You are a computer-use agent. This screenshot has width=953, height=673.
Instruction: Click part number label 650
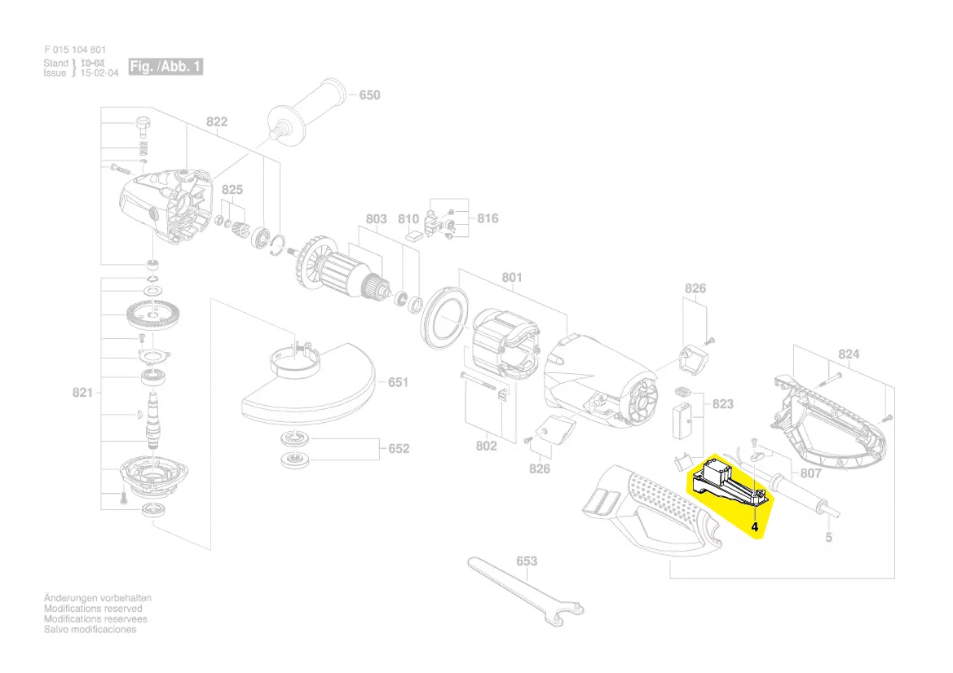coord(369,95)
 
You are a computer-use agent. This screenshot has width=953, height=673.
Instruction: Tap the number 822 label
coord(217,122)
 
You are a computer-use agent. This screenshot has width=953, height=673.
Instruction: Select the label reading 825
coord(232,190)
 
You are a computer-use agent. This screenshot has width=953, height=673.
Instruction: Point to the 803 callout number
coord(376,219)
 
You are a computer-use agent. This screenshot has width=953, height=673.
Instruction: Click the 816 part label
coord(488,218)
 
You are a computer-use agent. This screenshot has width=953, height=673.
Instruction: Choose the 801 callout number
coord(512,278)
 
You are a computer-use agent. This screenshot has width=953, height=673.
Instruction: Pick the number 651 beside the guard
coord(398,382)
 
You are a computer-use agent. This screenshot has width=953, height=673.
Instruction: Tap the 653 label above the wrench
coord(527,561)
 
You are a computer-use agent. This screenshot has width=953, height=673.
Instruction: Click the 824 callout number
coord(849,354)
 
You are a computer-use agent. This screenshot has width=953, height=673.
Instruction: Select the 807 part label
coord(810,473)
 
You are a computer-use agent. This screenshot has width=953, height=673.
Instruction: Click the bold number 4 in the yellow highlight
coord(755,527)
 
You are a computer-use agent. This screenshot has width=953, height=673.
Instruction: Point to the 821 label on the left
coord(82,393)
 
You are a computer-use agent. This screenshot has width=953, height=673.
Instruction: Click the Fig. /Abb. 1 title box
coord(165,67)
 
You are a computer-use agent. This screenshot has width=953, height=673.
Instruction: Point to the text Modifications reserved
coord(93,609)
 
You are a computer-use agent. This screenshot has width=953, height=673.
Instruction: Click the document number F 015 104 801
coord(75,50)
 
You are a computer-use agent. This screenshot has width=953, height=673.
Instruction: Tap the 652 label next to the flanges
coord(399,449)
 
